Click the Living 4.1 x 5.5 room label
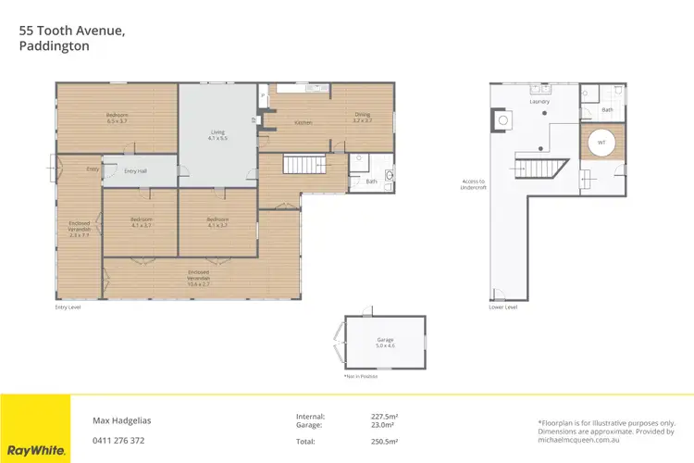pyautogui.click(x=217, y=135)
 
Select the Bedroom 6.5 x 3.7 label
pyautogui.click(x=116, y=119)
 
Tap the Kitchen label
pyautogui.click(x=303, y=122)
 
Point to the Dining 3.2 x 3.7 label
pyautogui.click(x=362, y=118)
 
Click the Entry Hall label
pyautogui.click(x=135, y=170)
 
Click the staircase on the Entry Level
pyautogui.click(x=303, y=166)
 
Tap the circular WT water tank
pyautogui.click(x=601, y=144)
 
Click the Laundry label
pyautogui.click(x=539, y=101)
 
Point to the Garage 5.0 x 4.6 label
pyautogui.click(x=385, y=343)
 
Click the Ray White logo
pyautogui.click(x=35, y=450)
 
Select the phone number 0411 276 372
pyautogui.click(x=118, y=440)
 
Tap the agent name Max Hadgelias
pyautogui.click(x=122, y=419)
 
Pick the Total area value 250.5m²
pyautogui.click(x=384, y=442)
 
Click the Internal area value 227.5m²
pyautogui.click(x=384, y=415)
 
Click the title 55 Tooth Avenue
pyautogui.click(x=72, y=31)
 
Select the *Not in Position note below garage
pyautogui.click(x=360, y=376)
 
